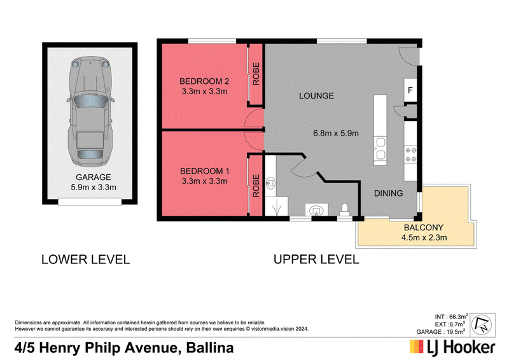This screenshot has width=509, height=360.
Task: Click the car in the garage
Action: pyautogui.click(x=90, y=111)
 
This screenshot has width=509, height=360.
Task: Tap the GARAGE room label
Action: pyautogui.click(x=93, y=177)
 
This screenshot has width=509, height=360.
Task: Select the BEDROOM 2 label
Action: pyautogui.click(x=204, y=81)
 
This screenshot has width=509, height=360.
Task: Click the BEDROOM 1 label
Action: pyautogui.click(x=204, y=171)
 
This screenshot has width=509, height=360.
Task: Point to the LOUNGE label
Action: pyautogui.click(x=316, y=96)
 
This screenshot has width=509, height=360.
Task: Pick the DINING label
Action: pyautogui.click(x=388, y=193)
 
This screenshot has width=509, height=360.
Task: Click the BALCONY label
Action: pyautogui.click(x=424, y=228)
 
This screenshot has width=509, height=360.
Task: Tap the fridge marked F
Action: pyautogui.click(x=410, y=90)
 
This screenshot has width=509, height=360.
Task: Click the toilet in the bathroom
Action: pyautogui.click(x=345, y=209)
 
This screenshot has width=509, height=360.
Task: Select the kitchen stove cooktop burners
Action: pyautogui.click(x=410, y=155)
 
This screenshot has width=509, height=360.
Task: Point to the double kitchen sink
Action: pyautogui.click(x=380, y=148)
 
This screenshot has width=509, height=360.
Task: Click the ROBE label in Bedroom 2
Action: pyautogui.click(x=256, y=74)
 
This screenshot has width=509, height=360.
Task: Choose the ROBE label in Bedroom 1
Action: pyautogui.click(x=256, y=186)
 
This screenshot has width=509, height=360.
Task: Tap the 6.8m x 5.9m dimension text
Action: pyautogui.click(x=336, y=133)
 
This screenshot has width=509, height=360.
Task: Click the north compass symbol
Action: pyautogui.click(x=482, y=325)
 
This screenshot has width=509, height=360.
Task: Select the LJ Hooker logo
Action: pyautogui.click(x=452, y=347)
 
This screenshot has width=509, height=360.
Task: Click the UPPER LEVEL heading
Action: pyautogui.click(x=316, y=260)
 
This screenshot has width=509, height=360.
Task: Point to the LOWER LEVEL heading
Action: pyautogui.click(x=86, y=260)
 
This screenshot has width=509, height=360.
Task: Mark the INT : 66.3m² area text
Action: pyautogui.click(x=451, y=317)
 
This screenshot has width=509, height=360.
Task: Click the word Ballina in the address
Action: pyautogui.click(x=210, y=348)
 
